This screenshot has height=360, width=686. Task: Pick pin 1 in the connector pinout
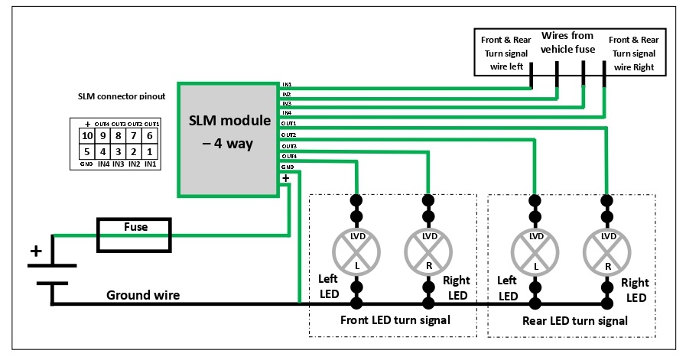click(151, 152)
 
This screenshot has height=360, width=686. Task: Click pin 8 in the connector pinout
click(119, 136)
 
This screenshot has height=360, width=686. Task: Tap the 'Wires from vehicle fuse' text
click(567, 43)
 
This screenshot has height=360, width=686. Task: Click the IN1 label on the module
click(287, 84)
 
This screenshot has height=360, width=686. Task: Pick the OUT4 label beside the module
click(289, 156)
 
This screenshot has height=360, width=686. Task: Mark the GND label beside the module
click(288, 166)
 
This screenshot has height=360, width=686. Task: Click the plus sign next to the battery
click(34, 251)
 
